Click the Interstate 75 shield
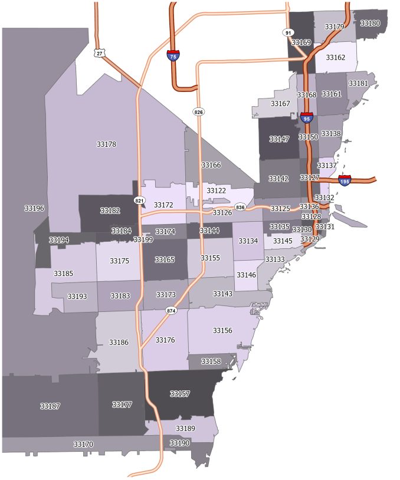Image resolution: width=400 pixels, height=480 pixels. [173, 56]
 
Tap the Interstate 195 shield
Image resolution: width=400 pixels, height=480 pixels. [345, 180]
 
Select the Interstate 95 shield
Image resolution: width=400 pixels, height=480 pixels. [306, 117]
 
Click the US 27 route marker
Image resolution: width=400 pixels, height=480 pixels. [99, 52]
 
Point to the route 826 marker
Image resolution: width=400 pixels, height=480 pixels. [199, 111]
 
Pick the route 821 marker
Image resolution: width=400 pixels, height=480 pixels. [139, 200]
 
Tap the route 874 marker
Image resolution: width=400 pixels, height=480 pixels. [171, 310]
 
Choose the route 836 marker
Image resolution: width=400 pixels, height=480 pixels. [240, 208]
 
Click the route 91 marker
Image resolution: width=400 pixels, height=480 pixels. [287, 32]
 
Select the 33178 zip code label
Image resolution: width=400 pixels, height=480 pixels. [106, 144]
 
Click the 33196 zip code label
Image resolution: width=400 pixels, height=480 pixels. [34, 208]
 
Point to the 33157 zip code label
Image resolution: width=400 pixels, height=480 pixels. [180, 393]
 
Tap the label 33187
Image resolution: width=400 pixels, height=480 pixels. [50, 406]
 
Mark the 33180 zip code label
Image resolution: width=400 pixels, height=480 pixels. [370, 23]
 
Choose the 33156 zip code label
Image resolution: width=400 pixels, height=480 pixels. [222, 330]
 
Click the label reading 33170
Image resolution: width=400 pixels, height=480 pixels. [83, 444]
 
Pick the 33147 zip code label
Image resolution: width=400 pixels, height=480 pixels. [279, 139]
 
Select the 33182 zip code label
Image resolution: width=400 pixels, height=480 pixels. [110, 211]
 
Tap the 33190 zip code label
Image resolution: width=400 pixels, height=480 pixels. [179, 443]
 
